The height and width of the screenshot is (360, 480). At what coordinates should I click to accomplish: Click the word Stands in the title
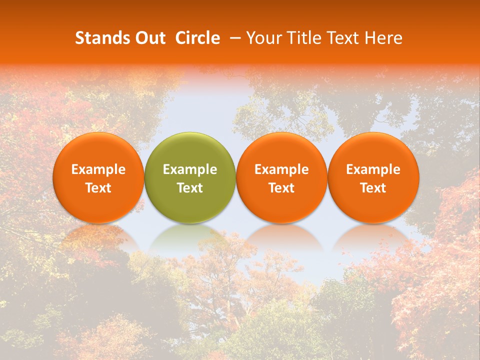[102, 38]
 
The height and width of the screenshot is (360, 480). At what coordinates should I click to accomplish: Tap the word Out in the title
[149, 38]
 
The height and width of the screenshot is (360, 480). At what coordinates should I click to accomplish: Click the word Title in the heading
[299, 38]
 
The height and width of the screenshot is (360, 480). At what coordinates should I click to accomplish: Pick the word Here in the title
[384, 38]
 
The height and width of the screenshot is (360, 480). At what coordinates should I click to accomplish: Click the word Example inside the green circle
[190, 169]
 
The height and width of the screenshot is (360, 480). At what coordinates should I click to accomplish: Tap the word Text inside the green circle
[190, 188]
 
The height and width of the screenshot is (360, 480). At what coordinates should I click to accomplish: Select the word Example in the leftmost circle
[98, 169]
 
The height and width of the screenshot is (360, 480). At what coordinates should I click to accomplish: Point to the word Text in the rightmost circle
[373, 188]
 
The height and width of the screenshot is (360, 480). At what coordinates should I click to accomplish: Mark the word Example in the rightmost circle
[373, 169]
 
